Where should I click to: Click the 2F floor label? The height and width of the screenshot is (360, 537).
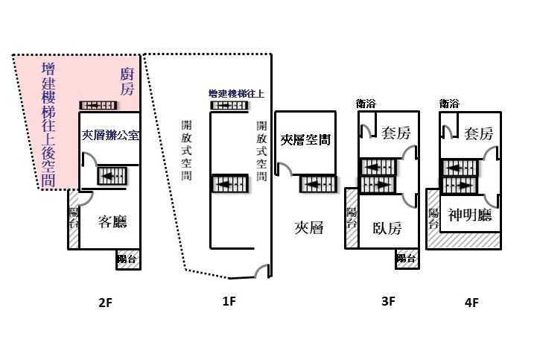pos(104,303)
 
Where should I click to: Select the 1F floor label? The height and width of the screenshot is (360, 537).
pos(229,301)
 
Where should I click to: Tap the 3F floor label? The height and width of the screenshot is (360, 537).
pos(387,303)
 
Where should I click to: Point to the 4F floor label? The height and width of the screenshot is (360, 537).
pos(471,303)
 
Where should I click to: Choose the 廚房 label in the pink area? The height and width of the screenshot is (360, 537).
pos(127,82)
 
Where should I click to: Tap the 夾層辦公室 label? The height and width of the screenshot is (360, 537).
pos(111,135)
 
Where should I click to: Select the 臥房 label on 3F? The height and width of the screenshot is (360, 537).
pos(387,228)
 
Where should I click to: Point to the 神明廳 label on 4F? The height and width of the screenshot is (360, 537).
pos(471,215)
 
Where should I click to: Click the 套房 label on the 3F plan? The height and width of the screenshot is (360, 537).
pos(395,134)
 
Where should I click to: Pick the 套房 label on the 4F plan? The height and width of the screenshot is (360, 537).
pos(478,134)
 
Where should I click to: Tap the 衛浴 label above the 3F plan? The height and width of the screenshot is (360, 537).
pos(366,104)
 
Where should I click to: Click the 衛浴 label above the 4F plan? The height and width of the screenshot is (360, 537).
pos(449,104)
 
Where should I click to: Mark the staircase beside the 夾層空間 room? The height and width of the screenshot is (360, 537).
pos(316,183)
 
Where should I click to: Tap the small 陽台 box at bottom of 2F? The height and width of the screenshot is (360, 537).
pos(127,259)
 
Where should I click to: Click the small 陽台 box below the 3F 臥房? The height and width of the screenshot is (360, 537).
pos(406,259)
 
